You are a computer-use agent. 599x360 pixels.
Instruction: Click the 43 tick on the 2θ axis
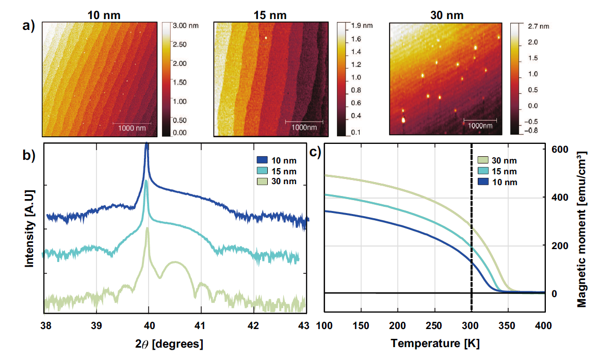pos(303,325)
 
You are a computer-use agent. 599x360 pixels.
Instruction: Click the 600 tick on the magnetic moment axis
pos(561,150)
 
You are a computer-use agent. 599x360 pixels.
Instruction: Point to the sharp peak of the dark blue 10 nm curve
pos(147,146)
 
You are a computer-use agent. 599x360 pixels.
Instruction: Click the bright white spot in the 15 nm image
pos(266,37)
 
